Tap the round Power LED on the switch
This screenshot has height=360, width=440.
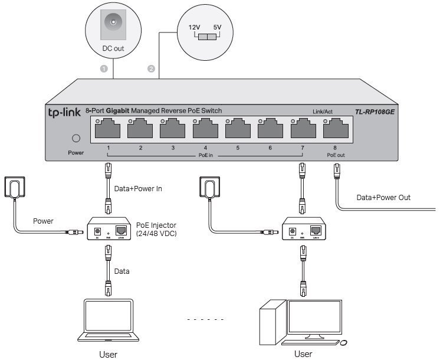[x=75, y=139]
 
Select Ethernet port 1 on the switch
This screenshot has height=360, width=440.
[x=107, y=128]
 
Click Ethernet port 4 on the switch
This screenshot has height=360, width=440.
[x=205, y=128]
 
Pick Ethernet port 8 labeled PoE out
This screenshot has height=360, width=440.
[x=334, y=128]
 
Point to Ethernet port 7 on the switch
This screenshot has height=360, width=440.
[x=302, y=128]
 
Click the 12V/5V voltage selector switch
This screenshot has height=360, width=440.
[x=206, y=37]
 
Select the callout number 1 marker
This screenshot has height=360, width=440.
[x=104, y=69]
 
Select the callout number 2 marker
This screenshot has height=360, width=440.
[x=151, y=69]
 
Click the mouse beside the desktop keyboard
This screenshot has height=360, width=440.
[x=343, y=343]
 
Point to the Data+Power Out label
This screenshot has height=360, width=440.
[x=383, y=198]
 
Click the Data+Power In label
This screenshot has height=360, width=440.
[x=138, y=189]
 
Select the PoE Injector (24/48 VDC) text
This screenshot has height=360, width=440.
[x=156, y=229]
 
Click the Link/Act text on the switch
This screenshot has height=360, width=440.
[x=323, y=112]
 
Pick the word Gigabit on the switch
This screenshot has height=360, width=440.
[x=118, y=111]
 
